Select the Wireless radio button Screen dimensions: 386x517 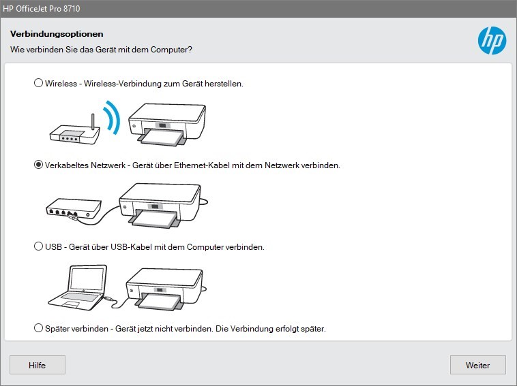pyautogui.click(x=39, y=83)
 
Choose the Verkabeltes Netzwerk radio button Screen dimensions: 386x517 pyautogui.click(x=39, y=165)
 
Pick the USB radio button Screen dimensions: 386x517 pyautogui.click(x=39, y=246)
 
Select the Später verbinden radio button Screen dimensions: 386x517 pyautogui.click(x=39, y=328)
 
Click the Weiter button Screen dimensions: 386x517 pyautogui.click(x=477, y=365)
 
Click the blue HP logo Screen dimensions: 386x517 pyautogui.click(x=491, y=41)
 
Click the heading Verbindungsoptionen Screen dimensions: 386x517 pyautogui.click(x=56, y=34)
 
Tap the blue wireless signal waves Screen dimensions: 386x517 pyautogui.click(x=110, y=117)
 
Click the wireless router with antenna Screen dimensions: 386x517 pyautogui.click(x=74, y=133)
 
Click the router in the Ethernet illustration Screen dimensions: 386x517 pyautogui.click(x=72, y=208)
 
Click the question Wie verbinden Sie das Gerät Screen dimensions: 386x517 pyautogui.click(x=101, y=50)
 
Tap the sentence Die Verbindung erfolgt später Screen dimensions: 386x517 pyautogui.click(x=270, y=329)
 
